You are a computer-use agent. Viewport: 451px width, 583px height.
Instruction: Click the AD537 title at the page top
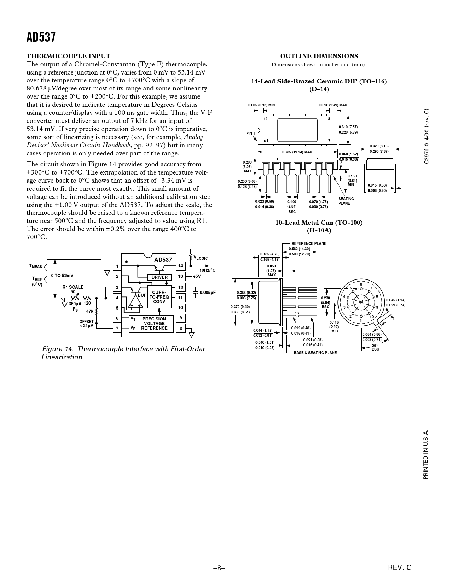click(x=41, y=37)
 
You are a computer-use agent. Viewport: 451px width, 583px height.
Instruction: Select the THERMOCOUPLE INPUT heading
click(x=68, y=56)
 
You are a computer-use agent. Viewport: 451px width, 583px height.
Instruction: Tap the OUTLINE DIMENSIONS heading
click(x=319, y=56)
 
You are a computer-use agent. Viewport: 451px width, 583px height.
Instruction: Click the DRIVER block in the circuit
click(x=160, y=277)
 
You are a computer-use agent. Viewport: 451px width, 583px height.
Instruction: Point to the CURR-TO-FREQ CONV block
click(x=159, y=297)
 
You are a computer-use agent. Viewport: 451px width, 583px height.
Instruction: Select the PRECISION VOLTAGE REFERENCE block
click(x=154, y=324)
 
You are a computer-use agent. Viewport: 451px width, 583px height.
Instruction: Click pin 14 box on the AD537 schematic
click(x=180, y=266)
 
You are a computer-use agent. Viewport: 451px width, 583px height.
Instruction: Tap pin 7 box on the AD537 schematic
click(x=117, y=329)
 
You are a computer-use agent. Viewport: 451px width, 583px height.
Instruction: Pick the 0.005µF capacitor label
click(x=208, y=293)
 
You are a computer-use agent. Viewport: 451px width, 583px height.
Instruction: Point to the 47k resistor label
click(x=90, y=311)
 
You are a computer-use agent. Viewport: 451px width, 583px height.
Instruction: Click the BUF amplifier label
click(x=142, y=295)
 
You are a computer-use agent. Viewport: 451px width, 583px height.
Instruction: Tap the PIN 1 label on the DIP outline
click(x=250, y=133)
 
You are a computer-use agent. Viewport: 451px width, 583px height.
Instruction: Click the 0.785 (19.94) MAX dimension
click(x=297, y=152)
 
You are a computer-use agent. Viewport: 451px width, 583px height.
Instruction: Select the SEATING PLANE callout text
click(x=346, y=201)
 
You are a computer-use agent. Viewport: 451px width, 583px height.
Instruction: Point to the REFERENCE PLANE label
click(x=308, y=243)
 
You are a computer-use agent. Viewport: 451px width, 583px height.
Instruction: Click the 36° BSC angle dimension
click(x=375, y=347)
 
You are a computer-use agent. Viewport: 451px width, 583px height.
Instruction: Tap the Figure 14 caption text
click(x=123, y=353)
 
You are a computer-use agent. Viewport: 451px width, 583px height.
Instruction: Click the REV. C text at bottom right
click(x=400, y=568)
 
